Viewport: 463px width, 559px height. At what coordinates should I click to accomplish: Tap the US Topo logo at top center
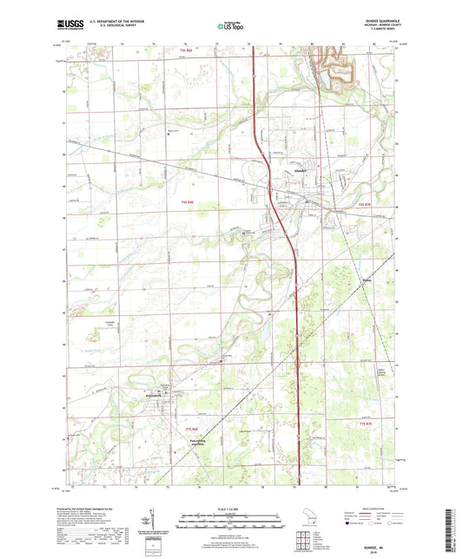point(230,27)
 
